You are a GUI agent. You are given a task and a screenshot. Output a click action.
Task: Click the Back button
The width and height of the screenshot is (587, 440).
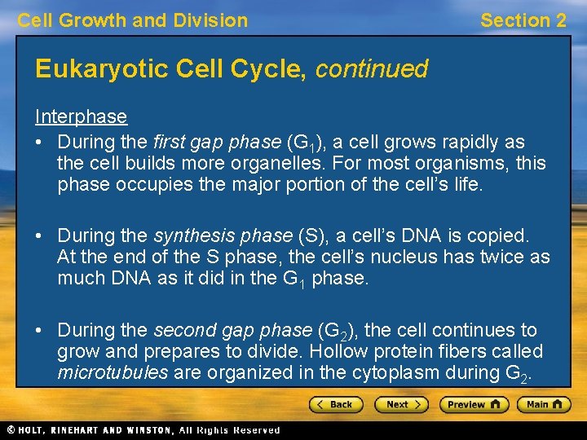(336, 404)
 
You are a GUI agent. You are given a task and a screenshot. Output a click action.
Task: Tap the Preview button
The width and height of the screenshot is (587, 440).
(474, 404)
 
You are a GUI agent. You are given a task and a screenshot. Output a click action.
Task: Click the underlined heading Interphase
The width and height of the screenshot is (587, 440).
(81, 117)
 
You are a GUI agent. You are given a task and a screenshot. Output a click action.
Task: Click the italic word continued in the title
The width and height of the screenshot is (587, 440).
(372, 69)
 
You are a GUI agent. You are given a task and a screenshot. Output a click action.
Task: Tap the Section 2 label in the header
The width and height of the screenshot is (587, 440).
(523, 20)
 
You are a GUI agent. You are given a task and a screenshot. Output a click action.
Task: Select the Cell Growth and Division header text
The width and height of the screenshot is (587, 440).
(133, 20)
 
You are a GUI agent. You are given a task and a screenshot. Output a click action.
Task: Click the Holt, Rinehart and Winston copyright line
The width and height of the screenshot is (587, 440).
(143, 429)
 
